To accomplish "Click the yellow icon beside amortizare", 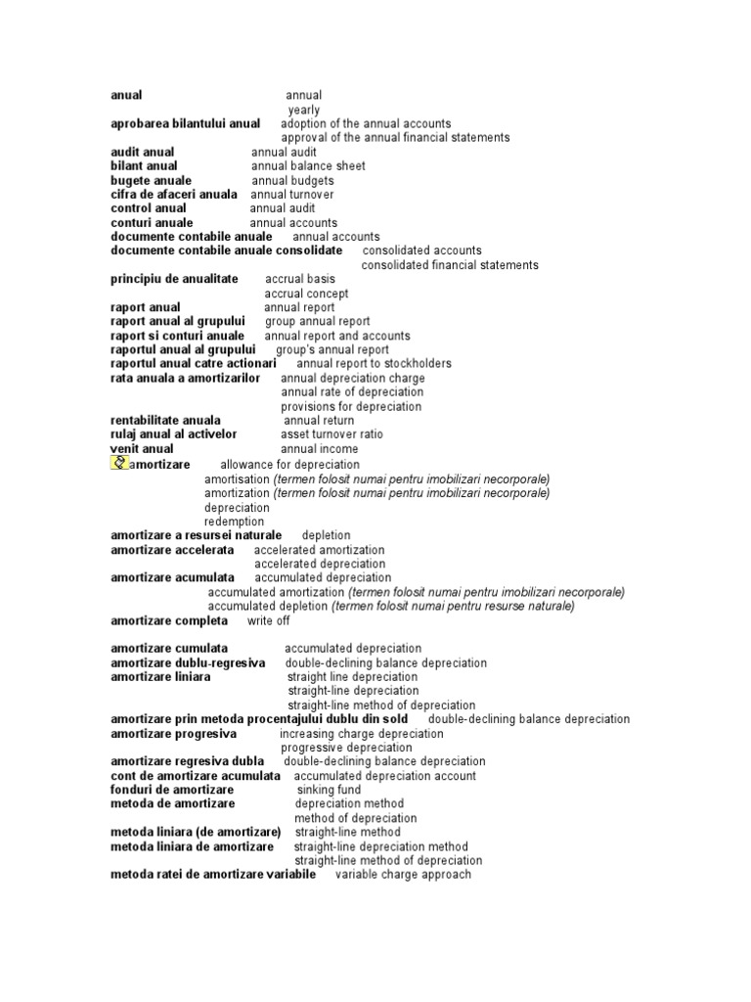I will [120, 463].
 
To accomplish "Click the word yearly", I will [303, 110].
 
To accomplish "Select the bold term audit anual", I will [143, 152].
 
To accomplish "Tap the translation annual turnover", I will [292, 195].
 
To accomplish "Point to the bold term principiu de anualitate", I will [174, 279].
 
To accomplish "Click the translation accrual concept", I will [306, 294].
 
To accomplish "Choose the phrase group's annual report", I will [331, 349].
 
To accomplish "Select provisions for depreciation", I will [351, 406].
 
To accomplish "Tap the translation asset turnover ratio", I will [331, 434].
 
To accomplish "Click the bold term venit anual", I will [142, 449].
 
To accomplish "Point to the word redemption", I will [234, 522].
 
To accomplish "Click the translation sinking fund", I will [329, 790].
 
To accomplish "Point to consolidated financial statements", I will [450, 265].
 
